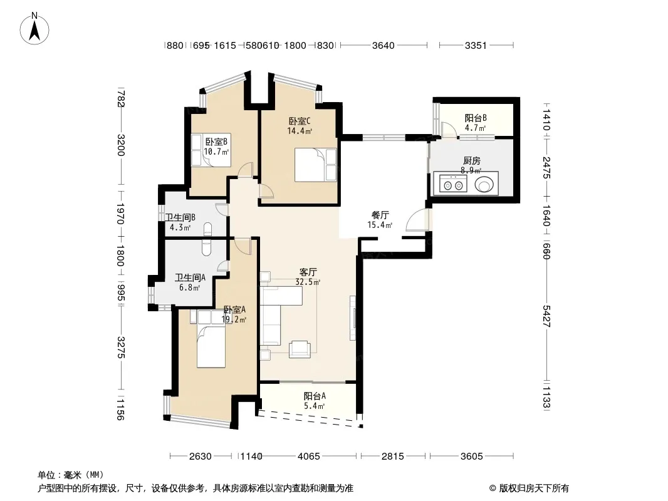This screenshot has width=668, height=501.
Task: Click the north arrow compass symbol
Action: (34, 29)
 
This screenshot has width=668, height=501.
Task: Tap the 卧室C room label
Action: (300, 121)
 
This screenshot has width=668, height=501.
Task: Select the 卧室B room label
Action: (216, 142)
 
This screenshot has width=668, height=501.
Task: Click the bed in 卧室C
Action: (316, 165)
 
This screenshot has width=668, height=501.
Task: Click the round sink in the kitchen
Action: (484, 184)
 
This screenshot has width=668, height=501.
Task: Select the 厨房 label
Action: (472, 160)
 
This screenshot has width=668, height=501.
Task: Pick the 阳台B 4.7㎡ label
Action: (476, 122)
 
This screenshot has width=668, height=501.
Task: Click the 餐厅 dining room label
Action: (380, 215)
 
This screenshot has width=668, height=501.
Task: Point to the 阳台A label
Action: (315, 396)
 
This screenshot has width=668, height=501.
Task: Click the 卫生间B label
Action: (180, 217)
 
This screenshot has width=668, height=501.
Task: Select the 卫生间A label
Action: (190, 277)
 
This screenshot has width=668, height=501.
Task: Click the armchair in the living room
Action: (300, 349)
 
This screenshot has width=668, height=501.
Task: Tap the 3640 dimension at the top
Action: (384, 45)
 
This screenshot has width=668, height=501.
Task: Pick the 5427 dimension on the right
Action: (546, 316)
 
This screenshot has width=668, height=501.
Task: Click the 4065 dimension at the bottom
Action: (309, 457)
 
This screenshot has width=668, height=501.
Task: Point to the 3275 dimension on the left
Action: (121, 348)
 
